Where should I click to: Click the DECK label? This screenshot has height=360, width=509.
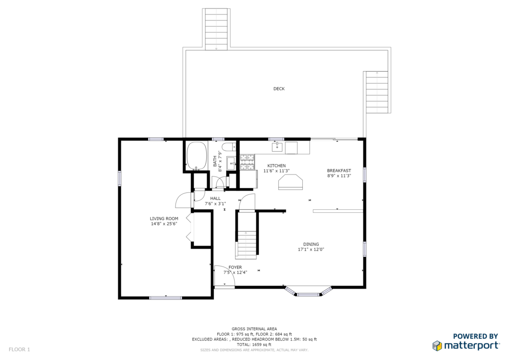279,89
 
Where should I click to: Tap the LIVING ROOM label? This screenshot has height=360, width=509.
164,219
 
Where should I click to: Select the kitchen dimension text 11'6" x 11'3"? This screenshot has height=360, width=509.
276,171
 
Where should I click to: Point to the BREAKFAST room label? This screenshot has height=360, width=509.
339,171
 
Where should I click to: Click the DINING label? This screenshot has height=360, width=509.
311,244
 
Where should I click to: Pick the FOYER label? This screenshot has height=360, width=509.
235,267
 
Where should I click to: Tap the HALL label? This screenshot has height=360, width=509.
215,198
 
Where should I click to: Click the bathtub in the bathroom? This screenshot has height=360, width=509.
197,156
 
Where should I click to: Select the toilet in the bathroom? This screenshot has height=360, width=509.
230,147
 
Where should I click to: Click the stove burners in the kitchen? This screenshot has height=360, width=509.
247,162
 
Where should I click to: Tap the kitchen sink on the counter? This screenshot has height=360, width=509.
277,147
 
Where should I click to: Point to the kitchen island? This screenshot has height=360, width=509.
290,182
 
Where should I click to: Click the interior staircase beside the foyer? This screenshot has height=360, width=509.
247,235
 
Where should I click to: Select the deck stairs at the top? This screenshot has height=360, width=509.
216,29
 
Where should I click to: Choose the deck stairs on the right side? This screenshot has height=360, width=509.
377,92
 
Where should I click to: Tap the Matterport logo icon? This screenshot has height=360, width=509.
437,346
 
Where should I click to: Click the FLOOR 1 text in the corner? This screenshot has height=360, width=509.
19,350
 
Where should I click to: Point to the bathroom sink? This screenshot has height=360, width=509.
231,163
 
